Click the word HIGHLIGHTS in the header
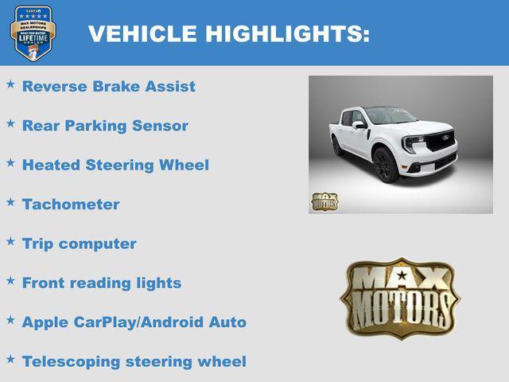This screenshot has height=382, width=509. pos(287,33)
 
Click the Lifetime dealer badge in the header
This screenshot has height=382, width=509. pos(33,33)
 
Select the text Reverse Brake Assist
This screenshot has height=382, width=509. pos(108,87)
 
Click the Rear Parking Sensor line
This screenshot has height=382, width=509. pos(105,126)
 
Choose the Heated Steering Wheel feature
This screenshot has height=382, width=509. pos(115,166)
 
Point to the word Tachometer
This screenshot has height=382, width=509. pos(71,205)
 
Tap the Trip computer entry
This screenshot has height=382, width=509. pos(79,244)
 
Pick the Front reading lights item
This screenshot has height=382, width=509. pos(102,283)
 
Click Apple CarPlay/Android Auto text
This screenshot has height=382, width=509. pos(134,322)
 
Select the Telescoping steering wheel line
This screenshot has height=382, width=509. pos(134,361)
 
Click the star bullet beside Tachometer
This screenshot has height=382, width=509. pos(11,202)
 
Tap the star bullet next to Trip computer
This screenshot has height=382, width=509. pos(11,241)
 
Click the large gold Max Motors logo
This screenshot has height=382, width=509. pos(400,298)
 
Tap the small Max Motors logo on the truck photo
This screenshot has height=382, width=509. pos(324,201)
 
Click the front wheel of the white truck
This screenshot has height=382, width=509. pos(384,166)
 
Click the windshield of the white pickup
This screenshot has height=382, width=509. pos(390,117)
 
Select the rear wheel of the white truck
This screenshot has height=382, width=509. pos(337,146)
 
